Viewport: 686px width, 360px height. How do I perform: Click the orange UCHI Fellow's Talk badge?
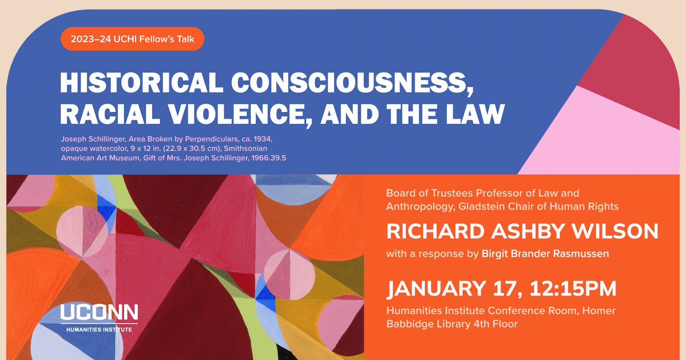(132, 39)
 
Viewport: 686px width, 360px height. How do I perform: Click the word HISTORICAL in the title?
(142, 83)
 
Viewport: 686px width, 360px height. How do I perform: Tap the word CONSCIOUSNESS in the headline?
(352, 83)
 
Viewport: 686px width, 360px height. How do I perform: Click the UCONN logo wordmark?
(99, 312)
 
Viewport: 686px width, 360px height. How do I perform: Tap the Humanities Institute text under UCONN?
(99, 330)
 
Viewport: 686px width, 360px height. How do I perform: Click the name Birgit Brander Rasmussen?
(545, 254)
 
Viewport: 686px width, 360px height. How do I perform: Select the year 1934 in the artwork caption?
(262, 139)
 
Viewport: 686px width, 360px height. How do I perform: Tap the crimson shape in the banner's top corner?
(639, 67)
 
